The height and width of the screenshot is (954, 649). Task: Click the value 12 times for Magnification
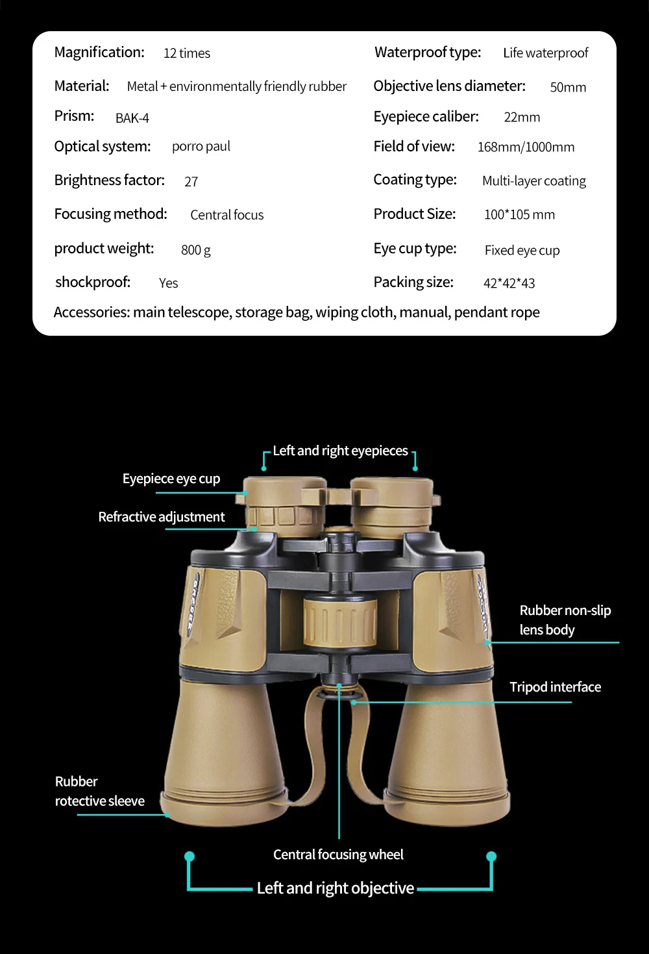pos(187,53)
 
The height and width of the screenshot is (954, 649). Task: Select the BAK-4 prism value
pos(132,118)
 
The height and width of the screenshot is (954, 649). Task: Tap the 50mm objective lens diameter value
pos(568,87)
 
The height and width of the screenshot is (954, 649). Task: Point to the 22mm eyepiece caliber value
pos(522,118)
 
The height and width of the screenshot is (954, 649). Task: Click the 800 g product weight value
pos(196,250)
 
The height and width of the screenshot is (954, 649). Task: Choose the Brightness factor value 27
pos(191,182)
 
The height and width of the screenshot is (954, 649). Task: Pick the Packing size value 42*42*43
pos(509,283)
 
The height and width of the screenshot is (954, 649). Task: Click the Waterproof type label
pos(428,53)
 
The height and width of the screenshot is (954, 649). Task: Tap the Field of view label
pos(414,147)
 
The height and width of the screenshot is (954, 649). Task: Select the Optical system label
pos(103,147)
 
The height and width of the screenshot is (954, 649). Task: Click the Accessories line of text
pos(297,312)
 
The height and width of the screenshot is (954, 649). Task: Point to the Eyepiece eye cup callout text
pos(171,479)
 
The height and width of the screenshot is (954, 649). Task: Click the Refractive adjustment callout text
pos(162,517)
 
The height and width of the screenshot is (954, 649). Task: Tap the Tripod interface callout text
pos(555,687)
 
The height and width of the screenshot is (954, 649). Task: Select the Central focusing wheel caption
pos(338,855)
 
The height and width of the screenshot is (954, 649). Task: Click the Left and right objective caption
pos(336,888)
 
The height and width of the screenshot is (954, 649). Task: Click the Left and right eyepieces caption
pos(340,451)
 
